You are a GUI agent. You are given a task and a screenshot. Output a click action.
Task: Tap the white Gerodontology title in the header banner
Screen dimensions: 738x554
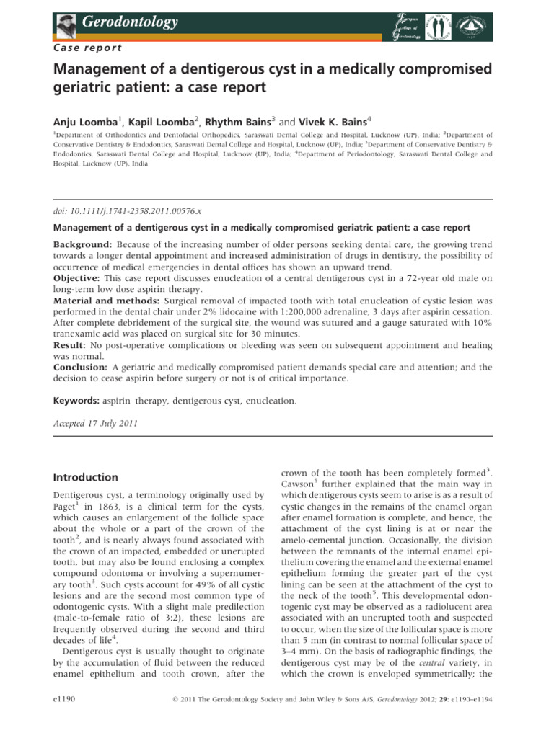(x=131, y=22)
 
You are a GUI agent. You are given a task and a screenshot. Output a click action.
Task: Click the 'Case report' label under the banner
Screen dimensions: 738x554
(x=87, y=48)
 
